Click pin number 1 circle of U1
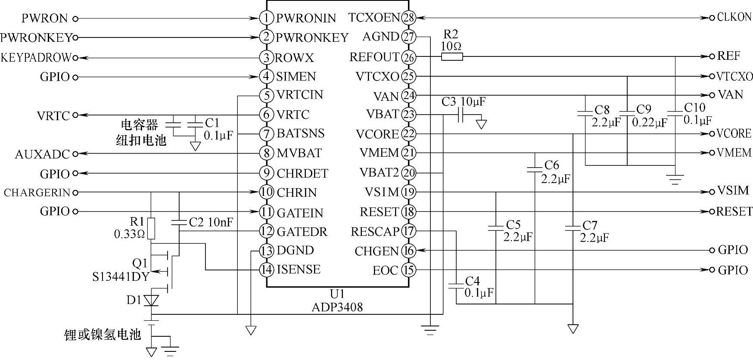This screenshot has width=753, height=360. pyautogui.click(x=267, y=18)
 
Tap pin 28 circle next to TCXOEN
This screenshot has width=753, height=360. pyautogui.click(x=408, y=18)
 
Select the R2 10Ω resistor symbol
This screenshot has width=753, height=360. pyautogui.click(x=452, y=56)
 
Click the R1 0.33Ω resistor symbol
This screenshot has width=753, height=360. pyautogui.click(x=151, y=228)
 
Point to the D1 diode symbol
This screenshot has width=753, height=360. pyautogui.click(x=151, y=300)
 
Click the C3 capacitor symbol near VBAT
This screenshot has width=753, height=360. pyautogui.click(x=461, y=115)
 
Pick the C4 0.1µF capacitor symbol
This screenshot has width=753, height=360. pyautogui.click(x=455, y=286)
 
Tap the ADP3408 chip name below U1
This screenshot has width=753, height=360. pyautogui.click(x=337, y=307)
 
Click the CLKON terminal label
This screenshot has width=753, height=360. pyautogui.click(x=734, y=17)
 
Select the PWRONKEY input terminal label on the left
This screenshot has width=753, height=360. pyautogui.click(x=36, y=37)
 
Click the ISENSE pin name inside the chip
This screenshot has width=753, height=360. pyautogui.click(x=299, y=270)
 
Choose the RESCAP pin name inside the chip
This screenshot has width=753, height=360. pyautogui.click(x=375, y=232)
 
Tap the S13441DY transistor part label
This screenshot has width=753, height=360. pyautogui.click(x=121, y=276)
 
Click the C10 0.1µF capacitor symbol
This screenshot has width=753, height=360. pyautogui.click(x=675, y=113)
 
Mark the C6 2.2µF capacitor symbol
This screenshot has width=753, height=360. pyautogui.click(x=535, y=169)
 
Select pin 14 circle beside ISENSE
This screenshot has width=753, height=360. pyautogui.click(x=267, y=270)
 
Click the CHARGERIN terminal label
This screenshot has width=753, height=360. pyautogui.click(x=37, y=192)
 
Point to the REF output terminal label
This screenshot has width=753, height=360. pyautogui.click(x=728, y=56)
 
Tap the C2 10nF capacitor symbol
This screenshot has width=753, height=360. pyautogui.click(x=179, y=223)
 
